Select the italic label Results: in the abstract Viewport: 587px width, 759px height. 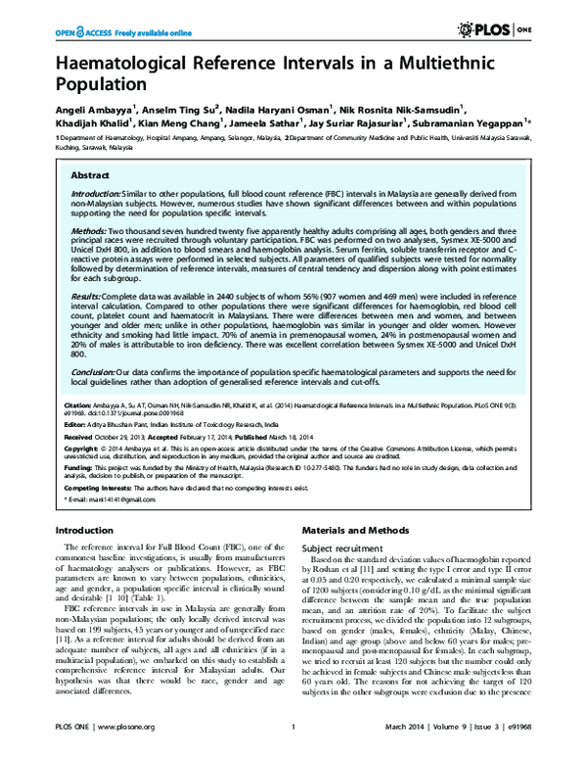84,293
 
